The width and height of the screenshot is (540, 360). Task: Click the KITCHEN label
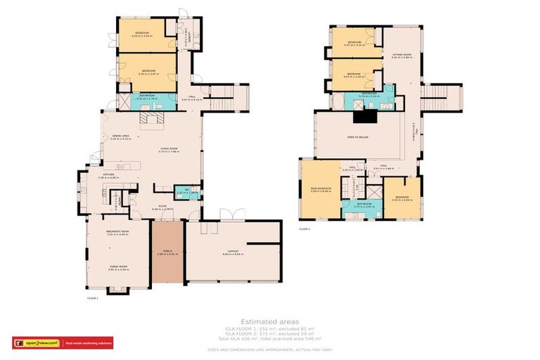[108, 174]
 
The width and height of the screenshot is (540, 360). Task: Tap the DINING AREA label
[121, 136]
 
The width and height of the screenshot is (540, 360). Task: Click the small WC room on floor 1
[187, 191]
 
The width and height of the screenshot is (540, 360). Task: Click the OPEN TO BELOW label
[359, 138]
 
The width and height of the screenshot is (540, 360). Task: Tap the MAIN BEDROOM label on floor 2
[321, 188]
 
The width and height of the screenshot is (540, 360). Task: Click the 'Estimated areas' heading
[269, 321]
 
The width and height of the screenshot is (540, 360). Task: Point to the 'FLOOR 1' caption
[92, 298]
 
